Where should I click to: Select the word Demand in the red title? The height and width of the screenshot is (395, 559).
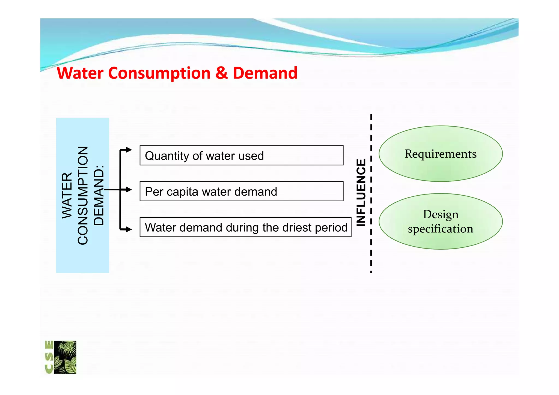point(265,73)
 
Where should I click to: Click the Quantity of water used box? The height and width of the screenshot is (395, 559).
point(241,155)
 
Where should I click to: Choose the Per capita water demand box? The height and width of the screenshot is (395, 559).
point(241,191)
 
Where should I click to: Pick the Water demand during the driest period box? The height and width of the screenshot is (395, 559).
point(245,227)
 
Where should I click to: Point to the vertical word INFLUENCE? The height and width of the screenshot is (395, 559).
point(361,193)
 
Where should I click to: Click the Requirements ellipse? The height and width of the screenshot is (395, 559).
point(441,154)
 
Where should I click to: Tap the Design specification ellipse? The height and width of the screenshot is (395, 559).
point(441,221)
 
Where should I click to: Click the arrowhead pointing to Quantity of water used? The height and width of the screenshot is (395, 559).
point(129,150)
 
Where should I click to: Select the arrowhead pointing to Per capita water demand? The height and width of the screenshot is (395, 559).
point(129,189)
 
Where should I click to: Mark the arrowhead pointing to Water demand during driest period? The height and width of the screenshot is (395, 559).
point(129,229)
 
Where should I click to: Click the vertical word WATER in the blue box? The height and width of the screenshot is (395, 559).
point(67,195)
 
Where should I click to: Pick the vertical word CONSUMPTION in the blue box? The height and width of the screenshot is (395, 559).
point(83,195)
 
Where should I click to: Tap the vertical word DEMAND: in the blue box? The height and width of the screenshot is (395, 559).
point(99,195)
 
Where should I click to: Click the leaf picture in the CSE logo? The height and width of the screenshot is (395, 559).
point(65,357)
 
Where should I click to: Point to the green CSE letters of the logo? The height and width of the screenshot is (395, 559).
point(49,357)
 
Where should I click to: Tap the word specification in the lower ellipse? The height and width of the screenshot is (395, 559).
point(441,229)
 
